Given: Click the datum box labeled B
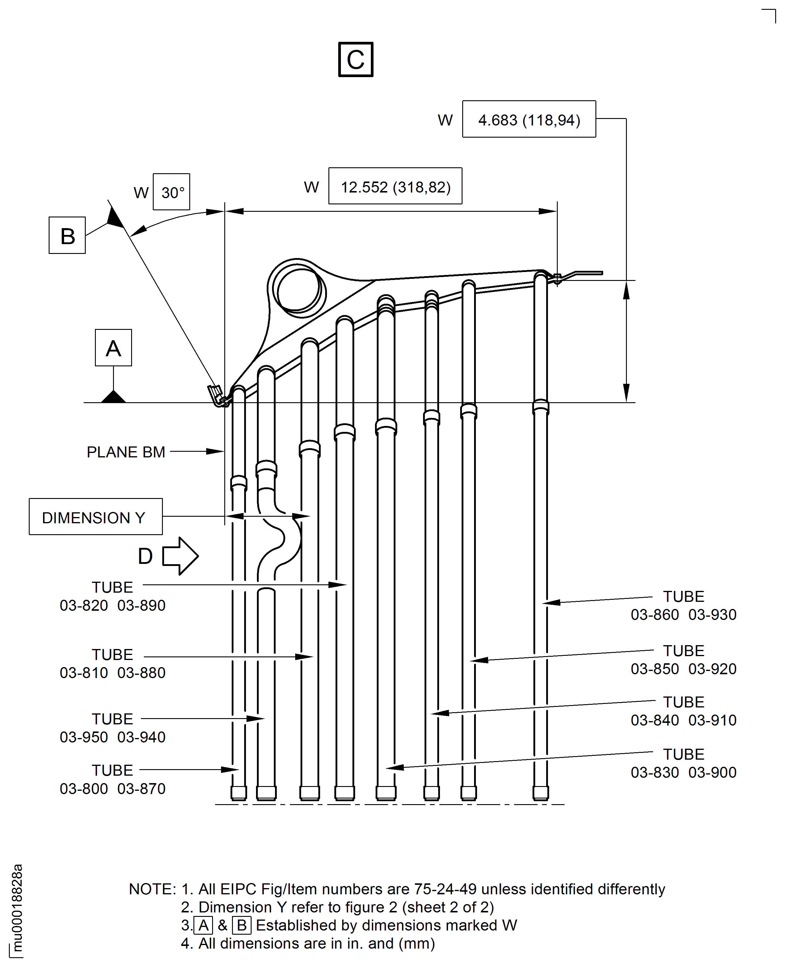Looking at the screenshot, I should click(67, 235).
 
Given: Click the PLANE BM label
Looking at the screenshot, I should click(126, 452).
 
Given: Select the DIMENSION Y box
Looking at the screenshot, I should click(96, 517).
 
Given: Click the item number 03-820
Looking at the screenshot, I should click(84, 605).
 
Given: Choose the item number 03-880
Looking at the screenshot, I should click(142, 673).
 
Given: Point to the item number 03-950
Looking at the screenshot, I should click(84, 737).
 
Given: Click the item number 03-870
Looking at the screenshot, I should click(142, 789).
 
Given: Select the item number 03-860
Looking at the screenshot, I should click(655, 615).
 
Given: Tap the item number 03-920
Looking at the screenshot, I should click(713, 669).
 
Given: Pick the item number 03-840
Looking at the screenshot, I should click(655, 720).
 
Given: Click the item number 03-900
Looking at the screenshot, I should click(713, 773).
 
